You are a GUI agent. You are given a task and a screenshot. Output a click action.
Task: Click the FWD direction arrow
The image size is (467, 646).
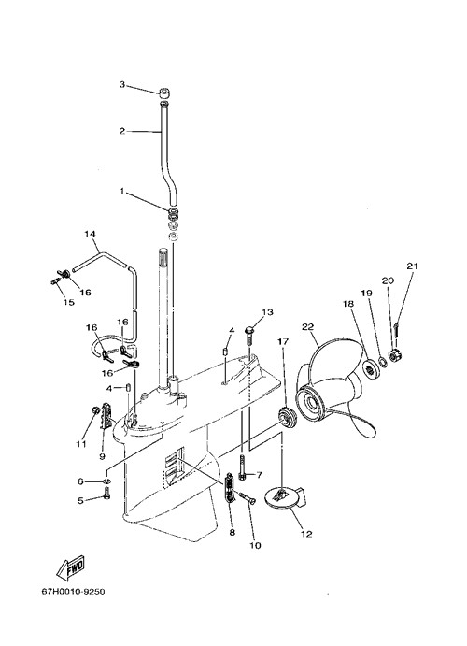[71, 567]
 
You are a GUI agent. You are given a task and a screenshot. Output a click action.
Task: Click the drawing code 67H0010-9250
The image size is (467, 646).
[73, 592]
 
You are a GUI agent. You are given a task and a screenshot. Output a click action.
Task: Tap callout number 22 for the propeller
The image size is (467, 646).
[308, 326]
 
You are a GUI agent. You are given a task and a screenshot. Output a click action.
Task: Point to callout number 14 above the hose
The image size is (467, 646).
[90, 234]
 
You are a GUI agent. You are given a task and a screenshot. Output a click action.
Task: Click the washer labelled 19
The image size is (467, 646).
[382, 362]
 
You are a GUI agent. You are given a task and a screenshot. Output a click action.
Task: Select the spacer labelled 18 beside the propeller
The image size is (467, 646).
[371, 366]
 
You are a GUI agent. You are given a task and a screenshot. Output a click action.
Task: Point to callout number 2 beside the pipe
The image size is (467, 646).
[121, 131]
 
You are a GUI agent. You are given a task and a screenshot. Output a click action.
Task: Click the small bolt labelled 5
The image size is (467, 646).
[107, 493]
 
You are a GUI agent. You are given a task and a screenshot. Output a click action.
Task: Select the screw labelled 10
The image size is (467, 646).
[247, 498]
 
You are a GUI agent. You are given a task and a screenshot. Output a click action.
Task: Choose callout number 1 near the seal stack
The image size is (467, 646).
[121, 191]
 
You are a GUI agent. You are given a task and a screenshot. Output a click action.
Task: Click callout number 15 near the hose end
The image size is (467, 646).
[69, 302]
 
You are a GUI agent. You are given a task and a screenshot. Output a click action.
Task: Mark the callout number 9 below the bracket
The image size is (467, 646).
[102, 456]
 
